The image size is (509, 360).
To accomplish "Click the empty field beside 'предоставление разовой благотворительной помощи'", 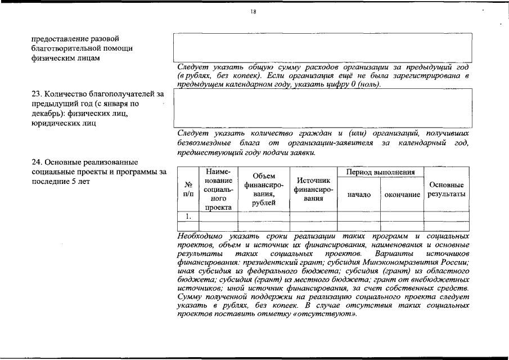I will coord(322,47).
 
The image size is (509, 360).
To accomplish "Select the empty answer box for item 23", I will coord(322,108).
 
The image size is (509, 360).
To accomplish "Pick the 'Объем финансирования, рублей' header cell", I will coord(263,189).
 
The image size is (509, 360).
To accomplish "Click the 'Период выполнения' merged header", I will coord(380,172).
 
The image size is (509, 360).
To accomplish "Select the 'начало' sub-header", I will coord(359,195).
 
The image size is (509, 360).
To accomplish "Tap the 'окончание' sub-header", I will coord(402,195).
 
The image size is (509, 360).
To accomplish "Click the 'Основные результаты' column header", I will coord(446,190).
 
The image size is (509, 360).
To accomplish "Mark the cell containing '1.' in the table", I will coord(188,215).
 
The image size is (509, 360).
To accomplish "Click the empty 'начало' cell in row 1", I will coord(359,215).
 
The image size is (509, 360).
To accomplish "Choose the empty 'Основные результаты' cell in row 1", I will coord(446,215).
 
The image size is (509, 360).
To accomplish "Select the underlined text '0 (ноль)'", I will coord(366,84).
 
